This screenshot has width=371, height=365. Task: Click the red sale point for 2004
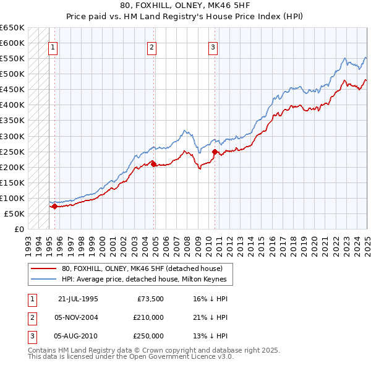pos(153,163)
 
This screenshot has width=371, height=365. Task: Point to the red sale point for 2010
pos(215,152)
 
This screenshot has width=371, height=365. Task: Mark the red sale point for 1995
pos(54,207)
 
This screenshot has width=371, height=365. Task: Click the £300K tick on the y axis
pos(12,136)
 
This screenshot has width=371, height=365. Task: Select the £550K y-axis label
pos(12,59)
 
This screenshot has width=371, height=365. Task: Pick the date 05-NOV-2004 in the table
pos(77,317)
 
